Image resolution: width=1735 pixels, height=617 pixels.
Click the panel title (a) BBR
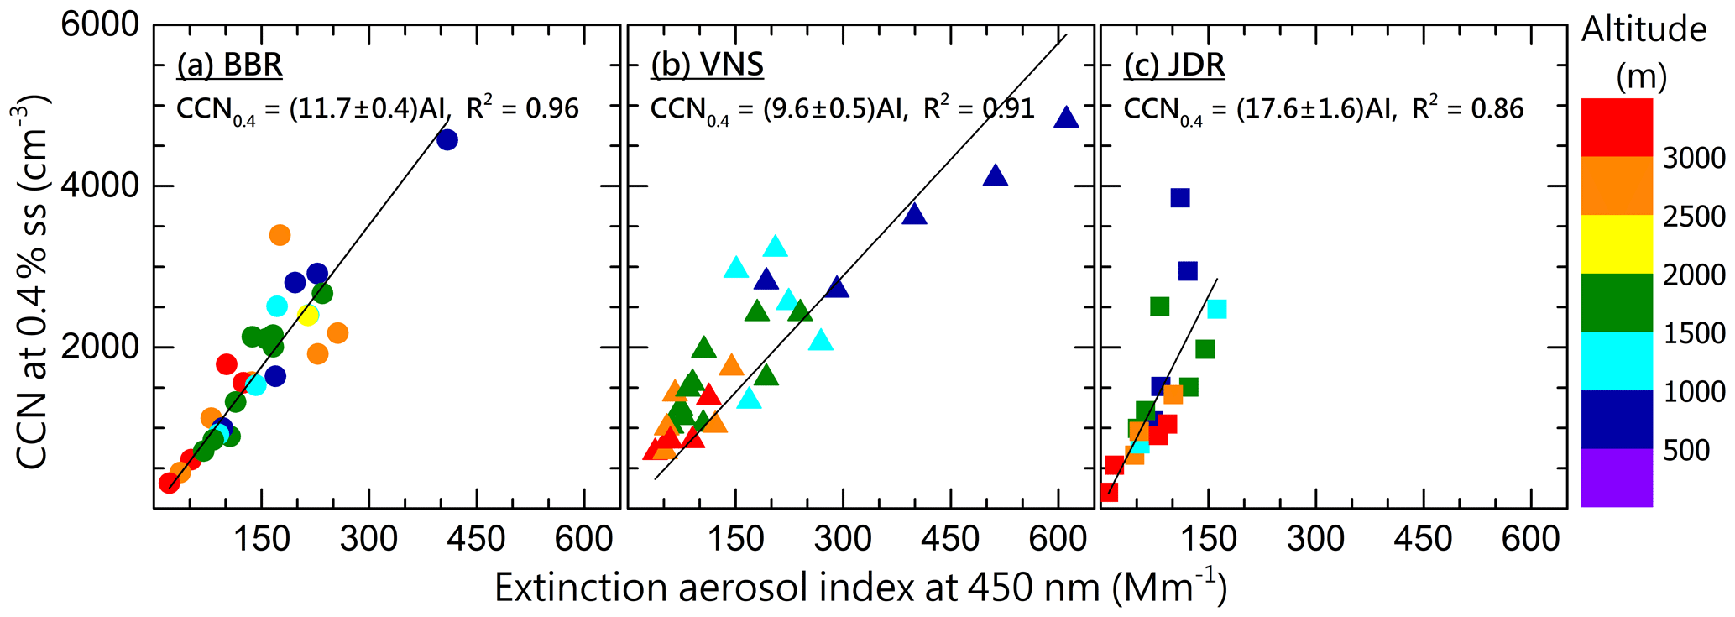[x=229, y=65]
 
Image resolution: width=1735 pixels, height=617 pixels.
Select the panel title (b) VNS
[x=707, y=65]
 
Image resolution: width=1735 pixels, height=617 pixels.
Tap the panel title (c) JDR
[x=1174, y=65]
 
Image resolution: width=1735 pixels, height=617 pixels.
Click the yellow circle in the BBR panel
[x=308, y=316]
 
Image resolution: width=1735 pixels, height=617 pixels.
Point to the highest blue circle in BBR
[x=447, y=140]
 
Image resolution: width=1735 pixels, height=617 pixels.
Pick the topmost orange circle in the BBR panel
[x=280, y=235]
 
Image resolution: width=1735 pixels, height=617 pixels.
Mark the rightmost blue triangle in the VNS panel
[x=1065, y=118]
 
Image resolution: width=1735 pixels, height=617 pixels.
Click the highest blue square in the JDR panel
[x=1180, y=198]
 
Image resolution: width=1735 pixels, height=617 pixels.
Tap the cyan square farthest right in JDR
[x=1216, y=310]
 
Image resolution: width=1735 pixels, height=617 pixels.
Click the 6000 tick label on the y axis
[x=100, y=25]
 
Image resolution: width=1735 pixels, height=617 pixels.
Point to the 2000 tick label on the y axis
[x=100, y=347]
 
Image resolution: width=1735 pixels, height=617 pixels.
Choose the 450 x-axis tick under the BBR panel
[x=476, y=538]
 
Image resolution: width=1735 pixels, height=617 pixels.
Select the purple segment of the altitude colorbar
[x=1617, y=478]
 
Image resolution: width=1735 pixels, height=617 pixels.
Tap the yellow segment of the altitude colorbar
[x=1617, y=244]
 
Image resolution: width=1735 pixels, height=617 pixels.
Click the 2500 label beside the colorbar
[x=1694, y=217]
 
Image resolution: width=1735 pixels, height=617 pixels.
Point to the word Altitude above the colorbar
[x=1644, y=30]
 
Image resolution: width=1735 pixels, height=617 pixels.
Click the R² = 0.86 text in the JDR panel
[x=1468, y=108]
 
